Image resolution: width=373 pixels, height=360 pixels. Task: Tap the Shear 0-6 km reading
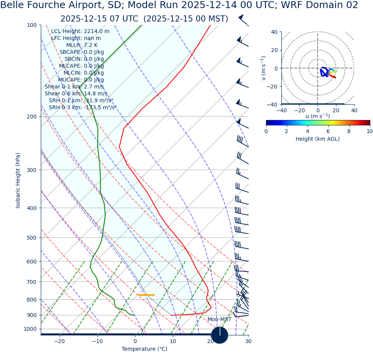pyautogui.click(x=76, y=94)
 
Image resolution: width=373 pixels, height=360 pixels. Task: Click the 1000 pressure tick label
pyautogui.click(x=30, y=329)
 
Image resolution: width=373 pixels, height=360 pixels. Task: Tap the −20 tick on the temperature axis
pyautogui.click(x=59, y=341)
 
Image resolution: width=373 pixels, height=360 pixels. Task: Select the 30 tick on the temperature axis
pyautogui.click(x=248, y=341)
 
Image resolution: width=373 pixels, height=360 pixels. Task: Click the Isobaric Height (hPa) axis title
pyautogui.click(x=18, y=180)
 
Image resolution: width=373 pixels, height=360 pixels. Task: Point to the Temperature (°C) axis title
pyautogui.click(x=144, y=349)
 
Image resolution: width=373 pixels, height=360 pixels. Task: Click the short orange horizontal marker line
pyautogui.click(x=146, y=295)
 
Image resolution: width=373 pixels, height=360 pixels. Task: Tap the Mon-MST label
pyautogui.click(x=219, y=320)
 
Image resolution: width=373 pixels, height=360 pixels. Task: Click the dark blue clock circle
pyautogui.click(x=219, y=335)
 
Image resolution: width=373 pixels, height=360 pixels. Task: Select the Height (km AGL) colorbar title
pyautogui.click(x=318, y=139)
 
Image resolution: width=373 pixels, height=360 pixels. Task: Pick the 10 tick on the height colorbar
pyautogui.click(x=370, y=131)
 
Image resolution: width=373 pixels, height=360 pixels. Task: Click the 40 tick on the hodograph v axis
pyautogui.click(x=274, y=32)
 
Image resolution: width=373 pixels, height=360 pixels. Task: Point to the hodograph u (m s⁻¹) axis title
pyautogui.click(x=318, y=116)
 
